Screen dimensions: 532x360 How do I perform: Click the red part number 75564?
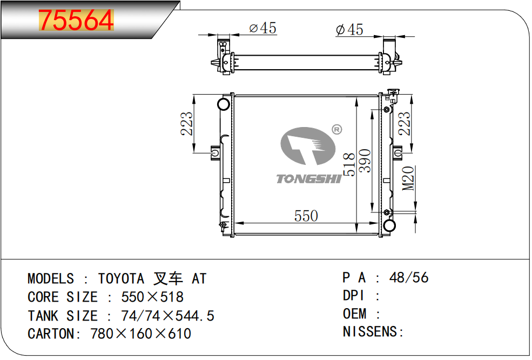click(x=76, y=20)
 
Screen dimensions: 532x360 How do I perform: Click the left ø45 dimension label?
click(x=262, y=28)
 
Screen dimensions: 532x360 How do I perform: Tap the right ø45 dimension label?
click(x=349, y=29)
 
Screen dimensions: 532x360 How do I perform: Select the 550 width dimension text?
click(x=306, y=216)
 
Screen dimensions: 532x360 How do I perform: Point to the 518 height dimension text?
click(x=349, y=164)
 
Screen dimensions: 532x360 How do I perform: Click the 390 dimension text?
click(x=365, y=161)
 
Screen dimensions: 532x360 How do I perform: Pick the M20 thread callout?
click(x=408, y=178)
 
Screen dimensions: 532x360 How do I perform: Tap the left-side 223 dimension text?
click(x=187, y=124)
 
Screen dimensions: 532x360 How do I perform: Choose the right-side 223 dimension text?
click(x=405, y=124)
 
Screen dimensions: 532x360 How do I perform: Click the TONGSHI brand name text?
click(x=308, y=178)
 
